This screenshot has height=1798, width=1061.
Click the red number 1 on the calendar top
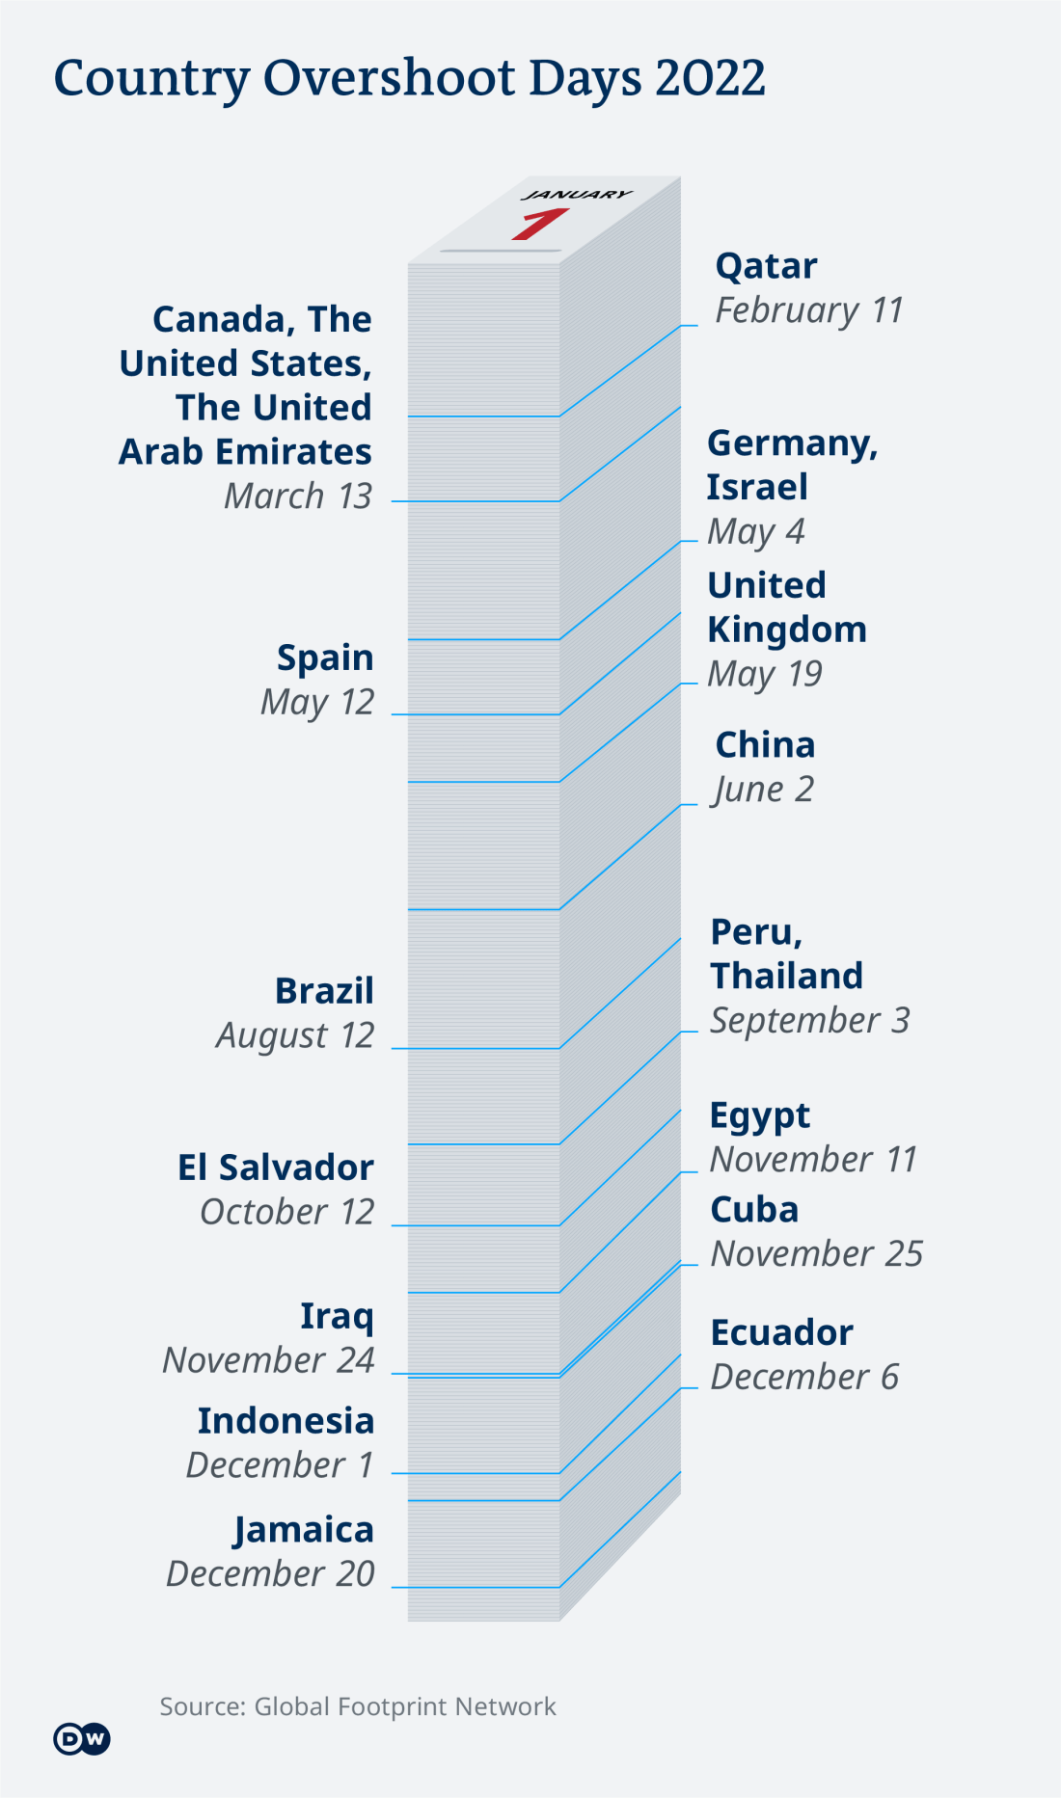(x=539, y=224)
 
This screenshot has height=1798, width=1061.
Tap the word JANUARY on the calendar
(x=577, y=195)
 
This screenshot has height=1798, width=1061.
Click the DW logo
(x=81, y=1738)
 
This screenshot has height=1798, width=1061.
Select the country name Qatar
(x=766, y=266)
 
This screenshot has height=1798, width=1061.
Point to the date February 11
(x=808, y=310)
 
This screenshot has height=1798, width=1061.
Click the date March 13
(x=298, y=496)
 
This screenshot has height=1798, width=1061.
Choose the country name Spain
(x=325, y=657)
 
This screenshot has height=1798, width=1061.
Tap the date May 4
(x=755, y=531)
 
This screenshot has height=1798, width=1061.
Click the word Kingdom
(x=787, y=630)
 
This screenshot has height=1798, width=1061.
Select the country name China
(x=765, y=745)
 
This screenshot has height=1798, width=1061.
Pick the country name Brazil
(x=324, y=991)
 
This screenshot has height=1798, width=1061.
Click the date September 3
(x=809, y=1020)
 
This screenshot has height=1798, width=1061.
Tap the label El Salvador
(x=276, y=1167)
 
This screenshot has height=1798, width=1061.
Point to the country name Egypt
(x=760, y=1115)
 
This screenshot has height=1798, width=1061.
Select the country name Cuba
(x=754, y=1210)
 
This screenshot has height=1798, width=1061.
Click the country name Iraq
(x=337, y=1316)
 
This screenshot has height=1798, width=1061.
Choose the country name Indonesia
(x=286, y=1421)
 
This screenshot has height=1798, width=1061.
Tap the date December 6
(x=804, y=1377)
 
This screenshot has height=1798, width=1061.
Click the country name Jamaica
(x=304, y=1530)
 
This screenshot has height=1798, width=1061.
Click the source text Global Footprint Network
(x=405, y=1706)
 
